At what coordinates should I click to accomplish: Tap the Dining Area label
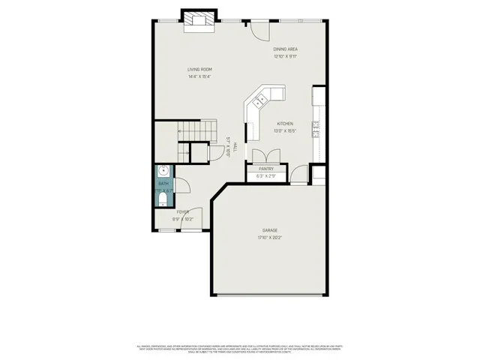point(285,49)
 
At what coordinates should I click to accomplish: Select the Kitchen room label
point(285,123)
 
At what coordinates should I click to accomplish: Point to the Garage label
point(270,230)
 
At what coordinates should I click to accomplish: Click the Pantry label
point(265,169)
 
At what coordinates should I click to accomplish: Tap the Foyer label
point(182,212)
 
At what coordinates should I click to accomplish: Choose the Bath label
point(163,184)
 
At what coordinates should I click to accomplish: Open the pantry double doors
point(265,155)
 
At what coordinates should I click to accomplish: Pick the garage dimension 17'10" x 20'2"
point(270,238)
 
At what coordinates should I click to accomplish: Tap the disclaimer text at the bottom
point(240,349)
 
